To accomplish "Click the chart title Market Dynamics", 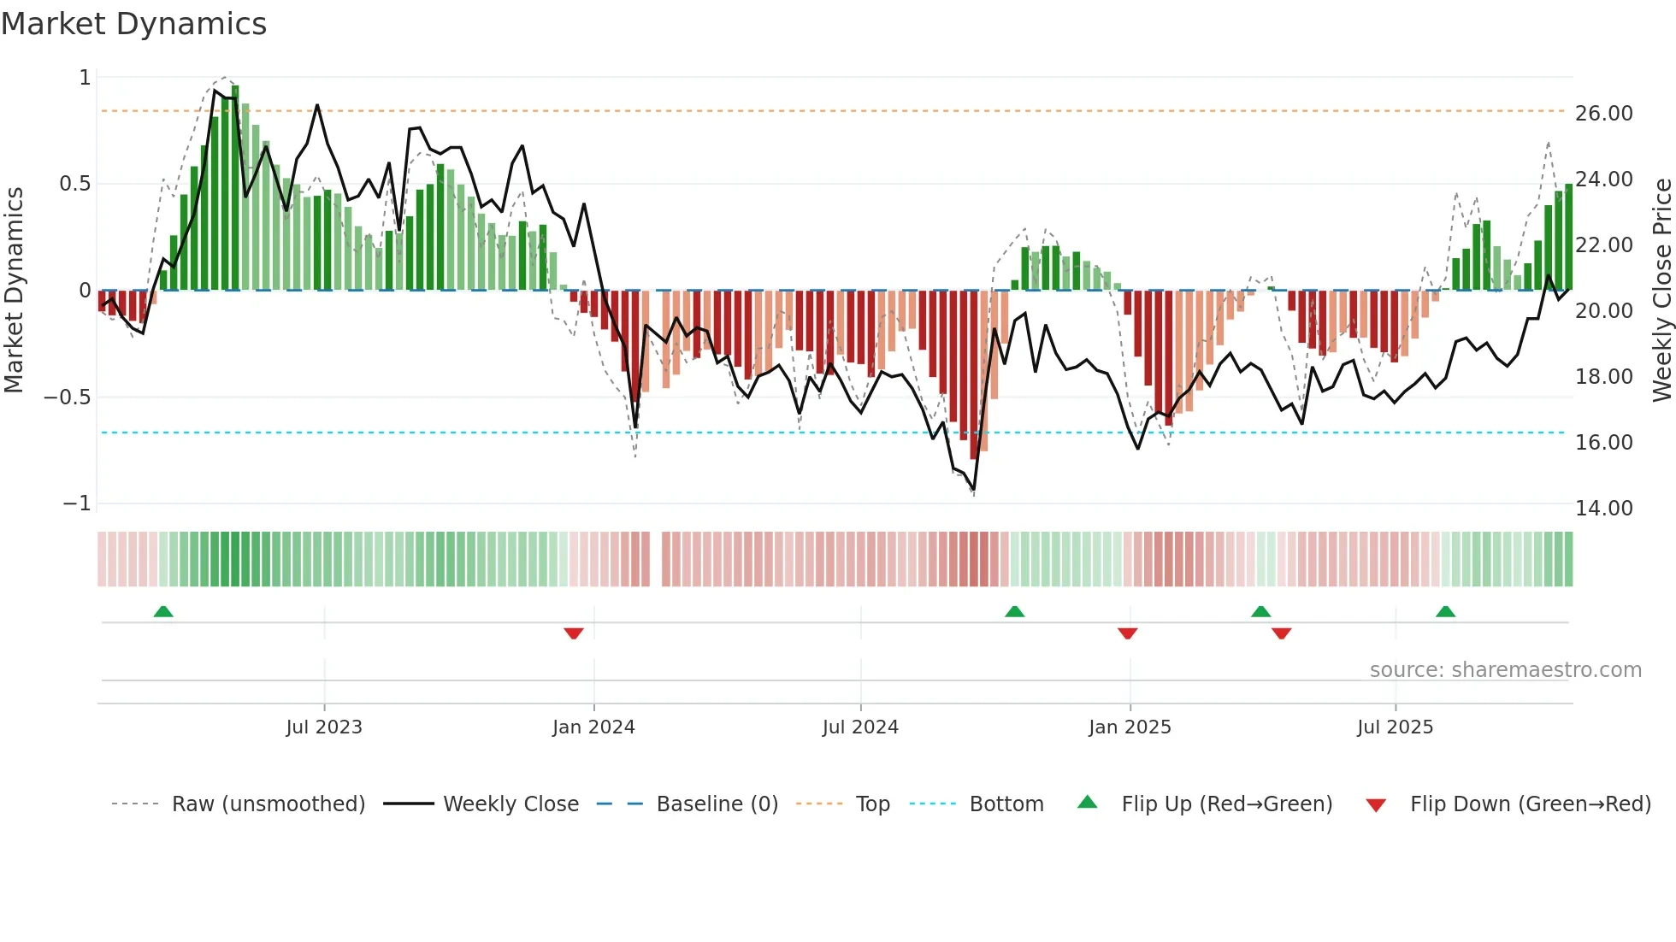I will [x=134, y=24].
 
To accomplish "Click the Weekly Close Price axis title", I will [x=1661, y=290].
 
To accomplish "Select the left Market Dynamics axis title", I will [x=14, y=290].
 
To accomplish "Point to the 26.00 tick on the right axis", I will [x=1603, y=114].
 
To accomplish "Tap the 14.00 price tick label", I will [x=1603, y=509].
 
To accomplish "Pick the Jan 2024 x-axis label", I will [x=593, y=727].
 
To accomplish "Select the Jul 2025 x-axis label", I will [x=1395, y=727].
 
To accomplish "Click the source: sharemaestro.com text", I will [x=1505, y=670].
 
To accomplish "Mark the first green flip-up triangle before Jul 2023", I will [x=163, y=611].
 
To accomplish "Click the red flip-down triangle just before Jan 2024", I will [x=574, y=633].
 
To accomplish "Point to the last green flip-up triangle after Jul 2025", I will [x=1445, y=611].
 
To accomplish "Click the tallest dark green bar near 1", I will [x=235, y=188].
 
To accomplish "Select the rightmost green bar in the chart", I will [x=1568, y=238].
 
